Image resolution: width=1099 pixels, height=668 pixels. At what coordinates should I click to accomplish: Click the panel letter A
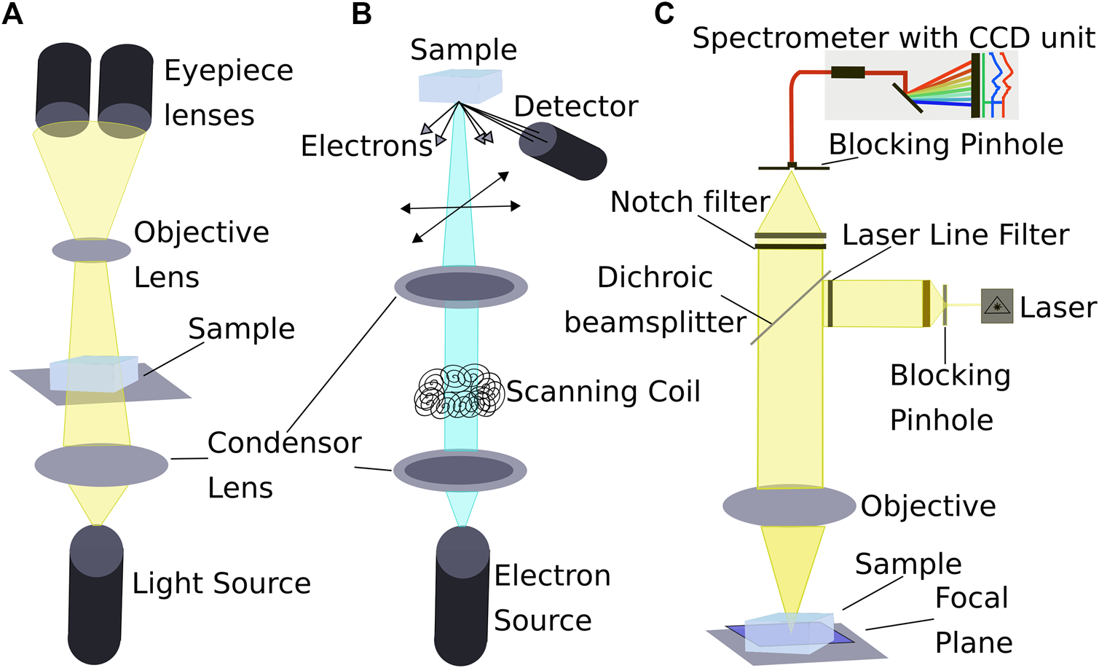(x=12, y=14)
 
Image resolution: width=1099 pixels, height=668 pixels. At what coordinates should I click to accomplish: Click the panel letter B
(x=361, y=14)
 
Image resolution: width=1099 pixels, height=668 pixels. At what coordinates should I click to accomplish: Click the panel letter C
(x=663, y=14)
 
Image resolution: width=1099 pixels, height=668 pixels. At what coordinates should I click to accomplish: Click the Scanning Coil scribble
(x=459, y=392)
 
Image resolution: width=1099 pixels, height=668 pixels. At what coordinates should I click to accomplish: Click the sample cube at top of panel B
(x=460, y=85)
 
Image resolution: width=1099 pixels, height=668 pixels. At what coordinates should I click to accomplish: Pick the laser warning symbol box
(x=996, y=306)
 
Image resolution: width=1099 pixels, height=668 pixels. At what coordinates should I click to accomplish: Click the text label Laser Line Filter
(x=956, y=235)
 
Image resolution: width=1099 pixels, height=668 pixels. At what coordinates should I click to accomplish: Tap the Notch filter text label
(x=690, y=202)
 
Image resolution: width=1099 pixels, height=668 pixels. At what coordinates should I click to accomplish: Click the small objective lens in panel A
(x=91, y=250)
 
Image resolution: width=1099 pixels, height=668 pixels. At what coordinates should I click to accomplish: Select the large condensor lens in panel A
(x=101, y=464)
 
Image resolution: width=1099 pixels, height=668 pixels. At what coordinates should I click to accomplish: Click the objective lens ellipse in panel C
(x=789, y=505)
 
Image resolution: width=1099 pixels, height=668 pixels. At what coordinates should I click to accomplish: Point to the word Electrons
(x=366, y=146)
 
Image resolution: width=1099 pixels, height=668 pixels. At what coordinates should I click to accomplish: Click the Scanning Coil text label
(x=603, y=392)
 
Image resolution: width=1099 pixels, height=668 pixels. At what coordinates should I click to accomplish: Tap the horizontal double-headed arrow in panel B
(x=460, y=208)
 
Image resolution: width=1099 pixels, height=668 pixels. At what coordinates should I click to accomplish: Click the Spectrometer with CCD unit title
(x=893, y=38)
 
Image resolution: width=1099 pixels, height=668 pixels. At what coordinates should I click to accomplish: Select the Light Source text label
(x=221, y=583)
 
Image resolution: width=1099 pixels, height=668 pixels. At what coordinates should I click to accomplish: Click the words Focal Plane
(x=973, y=620)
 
